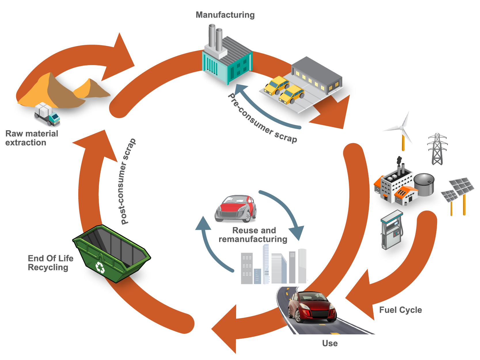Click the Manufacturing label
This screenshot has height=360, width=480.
point(225,15)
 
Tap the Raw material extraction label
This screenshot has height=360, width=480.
point(31,138)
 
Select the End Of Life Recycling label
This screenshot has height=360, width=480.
point(50,263)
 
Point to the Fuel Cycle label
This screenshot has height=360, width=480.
point(400,310)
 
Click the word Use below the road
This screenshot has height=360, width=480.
point(330,343)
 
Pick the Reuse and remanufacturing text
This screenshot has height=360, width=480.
point(253,235)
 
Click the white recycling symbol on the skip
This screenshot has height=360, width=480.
point(100,267)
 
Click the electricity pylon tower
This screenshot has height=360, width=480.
point(437,149)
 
